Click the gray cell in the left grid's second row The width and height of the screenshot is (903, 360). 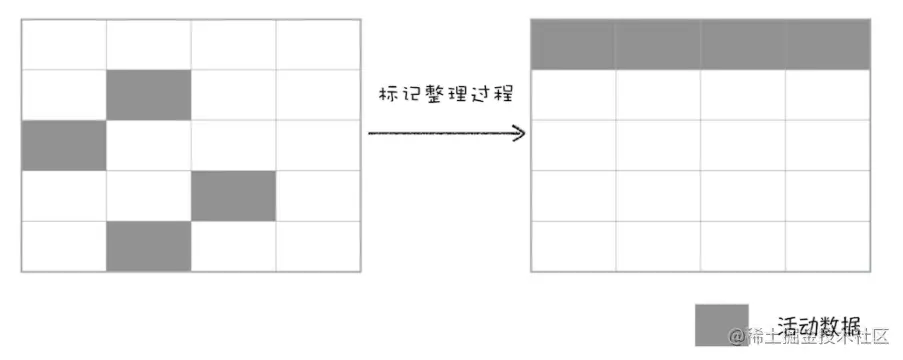click(x=149, y=95)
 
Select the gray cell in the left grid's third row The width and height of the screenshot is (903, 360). click(x=64, y=146)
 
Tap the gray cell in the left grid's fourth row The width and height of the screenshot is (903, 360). click(x=233, y=196)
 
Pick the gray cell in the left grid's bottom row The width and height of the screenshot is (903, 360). click(x=149, y=246)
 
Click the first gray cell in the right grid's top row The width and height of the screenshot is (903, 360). click(x=573, y=45)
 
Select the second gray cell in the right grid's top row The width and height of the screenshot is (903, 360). click(x=658, y=45)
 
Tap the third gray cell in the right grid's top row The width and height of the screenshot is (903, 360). click(x=743, y=45)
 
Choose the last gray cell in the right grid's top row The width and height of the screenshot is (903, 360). click(x=827, y=45)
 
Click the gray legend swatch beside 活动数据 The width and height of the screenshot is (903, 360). click(x=721, y=325)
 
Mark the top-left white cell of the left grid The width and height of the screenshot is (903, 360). click(x=64, y=45)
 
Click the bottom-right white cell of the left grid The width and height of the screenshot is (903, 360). click(x=317, y=246)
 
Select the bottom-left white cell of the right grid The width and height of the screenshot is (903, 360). click(x=573, y=246)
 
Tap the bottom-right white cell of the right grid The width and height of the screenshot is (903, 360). click(x=827, y=246)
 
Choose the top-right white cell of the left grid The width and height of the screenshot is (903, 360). click(x=317, y=45)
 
